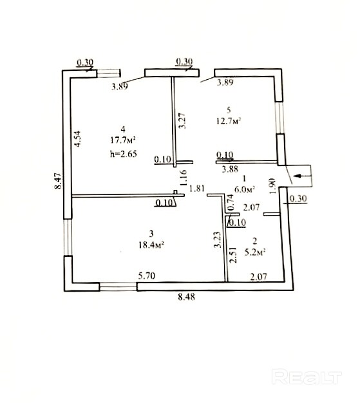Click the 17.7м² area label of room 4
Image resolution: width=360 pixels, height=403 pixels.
point(123,140)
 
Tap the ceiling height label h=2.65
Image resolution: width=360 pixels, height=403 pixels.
point(124,154)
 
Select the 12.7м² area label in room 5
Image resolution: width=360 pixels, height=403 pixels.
point(229,120)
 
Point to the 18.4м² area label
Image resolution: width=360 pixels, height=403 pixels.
point(151,245)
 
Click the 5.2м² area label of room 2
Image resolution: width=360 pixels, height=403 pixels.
point(255,252)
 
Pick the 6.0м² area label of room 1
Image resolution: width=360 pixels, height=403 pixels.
point(245,189)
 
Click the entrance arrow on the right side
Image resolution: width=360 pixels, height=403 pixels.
point(303,176)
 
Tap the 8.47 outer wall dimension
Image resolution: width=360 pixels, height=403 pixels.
point(59,181)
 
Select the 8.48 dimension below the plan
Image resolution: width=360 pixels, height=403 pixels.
point(186,297)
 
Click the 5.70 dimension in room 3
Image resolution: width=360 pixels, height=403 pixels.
point(147,276)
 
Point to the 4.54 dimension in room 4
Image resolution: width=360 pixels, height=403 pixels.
point(77,139)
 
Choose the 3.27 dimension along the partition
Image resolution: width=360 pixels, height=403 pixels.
point(182,120)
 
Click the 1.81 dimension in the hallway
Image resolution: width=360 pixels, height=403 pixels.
point(197,189)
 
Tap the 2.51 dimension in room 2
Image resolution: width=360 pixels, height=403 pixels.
point(233,255)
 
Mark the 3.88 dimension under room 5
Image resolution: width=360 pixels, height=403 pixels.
point(230,169)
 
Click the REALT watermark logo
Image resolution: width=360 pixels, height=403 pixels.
point(307,377)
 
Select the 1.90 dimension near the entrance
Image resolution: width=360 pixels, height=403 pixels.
point(272,186)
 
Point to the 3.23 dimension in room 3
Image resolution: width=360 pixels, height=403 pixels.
point(218,239)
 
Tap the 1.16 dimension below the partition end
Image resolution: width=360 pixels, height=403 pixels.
point(183,178)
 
